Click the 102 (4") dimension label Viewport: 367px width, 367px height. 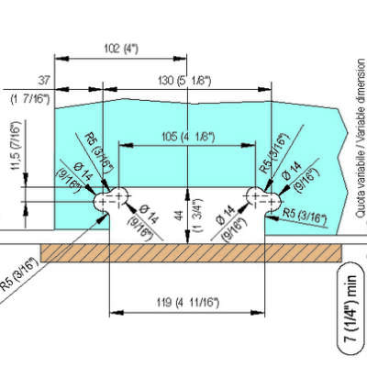click(120, 49)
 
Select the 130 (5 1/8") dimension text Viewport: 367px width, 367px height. click(184, 81)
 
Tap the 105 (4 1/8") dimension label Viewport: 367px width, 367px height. click(187, 137)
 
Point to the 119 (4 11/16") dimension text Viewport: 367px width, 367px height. click(188, 303)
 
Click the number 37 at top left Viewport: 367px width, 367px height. click(44, 81)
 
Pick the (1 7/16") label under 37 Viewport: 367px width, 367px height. click(30, 99)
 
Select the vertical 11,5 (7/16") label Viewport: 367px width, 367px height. click(17, 145)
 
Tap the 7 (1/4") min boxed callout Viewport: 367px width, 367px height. click(351, 308)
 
